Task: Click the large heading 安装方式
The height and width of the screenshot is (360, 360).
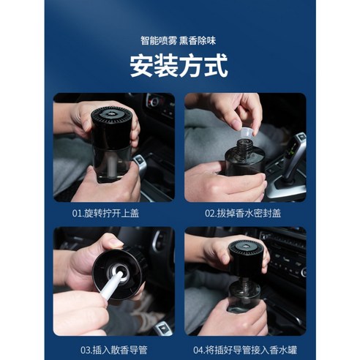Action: click(x=179, y=67)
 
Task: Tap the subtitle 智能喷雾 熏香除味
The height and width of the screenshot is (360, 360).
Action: click(x=179, y=41)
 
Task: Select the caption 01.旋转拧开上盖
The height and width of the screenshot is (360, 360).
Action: click(x=113, y=214)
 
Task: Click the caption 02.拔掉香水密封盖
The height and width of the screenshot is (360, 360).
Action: click(x=245, y=214)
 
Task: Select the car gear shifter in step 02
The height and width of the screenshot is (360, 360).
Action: click(x=293, y=157)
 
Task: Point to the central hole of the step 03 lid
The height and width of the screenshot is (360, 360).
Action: click(x=119, y=271)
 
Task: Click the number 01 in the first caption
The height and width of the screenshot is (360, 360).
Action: click(x=78, y=214)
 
